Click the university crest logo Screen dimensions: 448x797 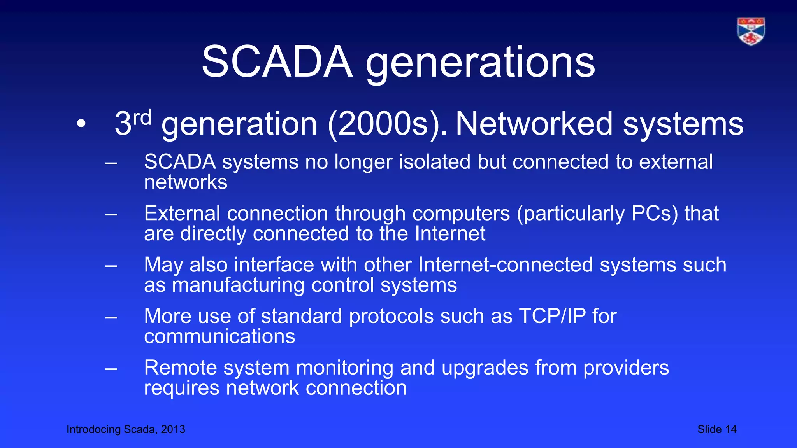pyautogui.click(x=751, y=31)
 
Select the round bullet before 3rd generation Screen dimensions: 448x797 pyautogui.click(x=81, y=124)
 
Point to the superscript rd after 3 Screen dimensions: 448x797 pyautogui.click(x=142, y=117)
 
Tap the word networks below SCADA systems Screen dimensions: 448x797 pyautogui.click(x=186, y=182)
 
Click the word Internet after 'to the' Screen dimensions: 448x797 pyautogui.click(x=450, y=234)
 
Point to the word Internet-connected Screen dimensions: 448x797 pyautogui.click(x=506, y=265)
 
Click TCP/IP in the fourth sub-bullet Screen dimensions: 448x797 pyautogui.click(x=552, y=316)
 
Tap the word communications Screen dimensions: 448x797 pyautogui.click(x=219, y=336)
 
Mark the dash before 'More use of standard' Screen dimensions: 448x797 pyautogui.click(x=111, y=317)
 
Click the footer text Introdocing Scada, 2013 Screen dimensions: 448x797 pyautogui.click(x=126, y=429)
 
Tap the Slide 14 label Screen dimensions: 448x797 pyautogui.click(x=717, y=429)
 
